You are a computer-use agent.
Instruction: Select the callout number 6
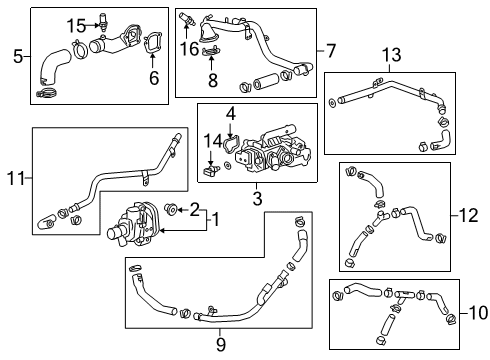(x=153, y=77)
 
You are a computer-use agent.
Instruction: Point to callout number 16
(x=188, y=47)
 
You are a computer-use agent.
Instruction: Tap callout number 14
(x=213, y=142)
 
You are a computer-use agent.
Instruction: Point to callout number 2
(x=196, y=208)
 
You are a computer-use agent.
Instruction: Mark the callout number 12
(x=470, y=213)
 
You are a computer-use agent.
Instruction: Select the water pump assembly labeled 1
(x=135, y=222)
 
